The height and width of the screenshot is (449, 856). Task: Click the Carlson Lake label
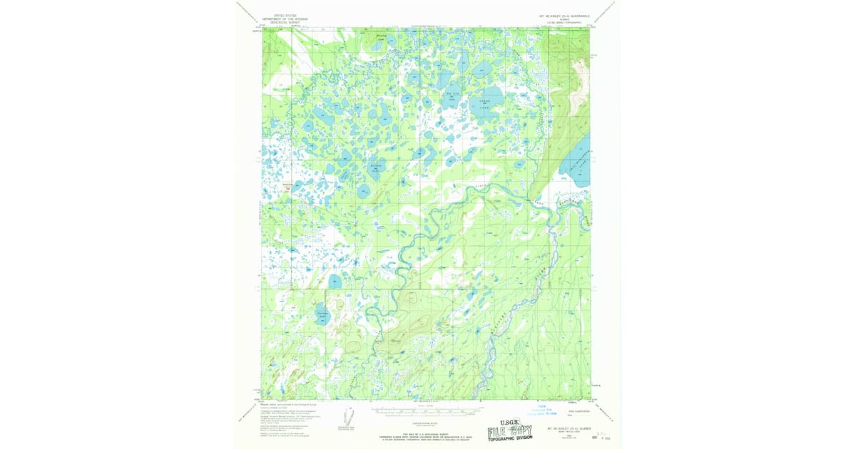point(322,314)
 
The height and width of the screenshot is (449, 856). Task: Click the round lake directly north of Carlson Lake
point(335,282)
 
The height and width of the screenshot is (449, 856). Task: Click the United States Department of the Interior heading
point(280,19)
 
